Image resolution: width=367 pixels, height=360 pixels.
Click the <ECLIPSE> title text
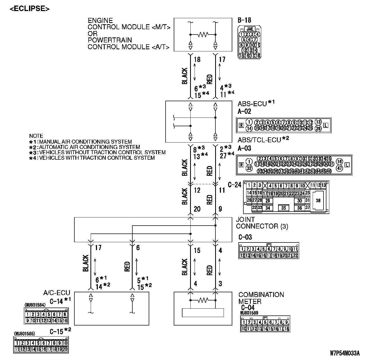point(30,8)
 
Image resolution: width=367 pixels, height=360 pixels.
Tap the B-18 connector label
point(244,20)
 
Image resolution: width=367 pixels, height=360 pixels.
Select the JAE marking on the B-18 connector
point(249,29)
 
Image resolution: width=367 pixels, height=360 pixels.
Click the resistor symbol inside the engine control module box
point(203,35)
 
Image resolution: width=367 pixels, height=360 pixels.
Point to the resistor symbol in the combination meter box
point(203,300)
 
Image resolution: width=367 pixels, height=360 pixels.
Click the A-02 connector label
point(244,111)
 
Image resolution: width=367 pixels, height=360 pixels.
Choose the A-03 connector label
point(244,148)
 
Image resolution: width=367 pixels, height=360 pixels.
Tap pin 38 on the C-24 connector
point(318,201)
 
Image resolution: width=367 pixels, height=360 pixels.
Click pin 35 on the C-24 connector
point(283,208)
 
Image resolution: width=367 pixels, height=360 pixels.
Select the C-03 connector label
point(245,237)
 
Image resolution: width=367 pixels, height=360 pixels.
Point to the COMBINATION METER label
point(261,298)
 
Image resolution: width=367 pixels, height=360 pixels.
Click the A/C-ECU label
point(57,293)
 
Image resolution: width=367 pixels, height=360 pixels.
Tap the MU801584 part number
point(35,305)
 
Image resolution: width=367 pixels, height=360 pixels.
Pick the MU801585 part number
point(24,333)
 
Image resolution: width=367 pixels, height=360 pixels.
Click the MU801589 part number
point(249,313)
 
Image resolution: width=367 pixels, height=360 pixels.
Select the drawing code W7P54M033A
point(345,353)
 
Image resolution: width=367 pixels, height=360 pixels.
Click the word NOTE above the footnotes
point(36,136)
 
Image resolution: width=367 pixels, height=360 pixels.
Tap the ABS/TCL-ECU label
point(259,140)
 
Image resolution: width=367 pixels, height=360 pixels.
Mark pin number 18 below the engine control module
point(197,60)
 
